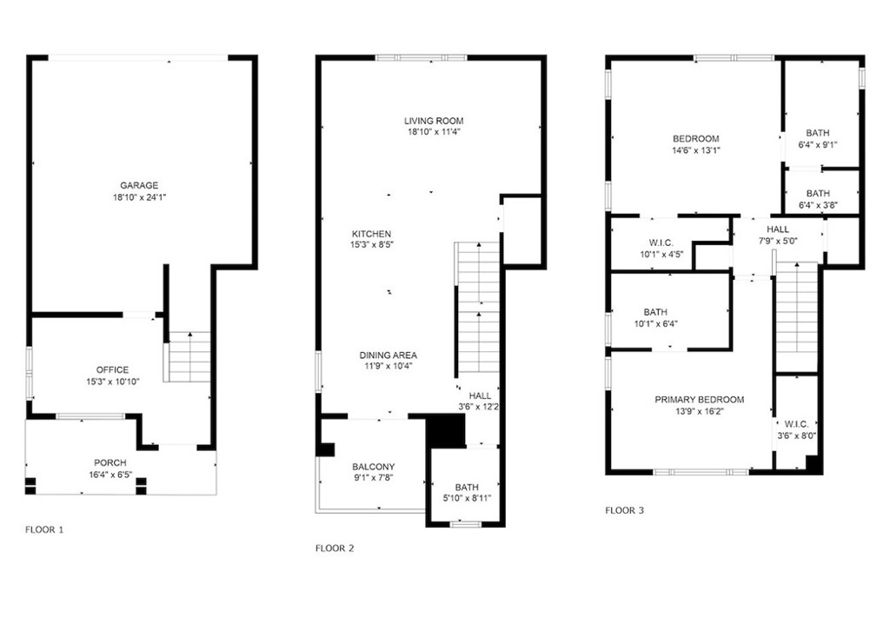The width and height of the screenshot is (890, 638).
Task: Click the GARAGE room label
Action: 139,186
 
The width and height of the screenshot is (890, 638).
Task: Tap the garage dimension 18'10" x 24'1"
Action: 139,197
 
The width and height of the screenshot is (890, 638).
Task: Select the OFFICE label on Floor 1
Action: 112,370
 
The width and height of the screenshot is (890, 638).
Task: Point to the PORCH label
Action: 110,462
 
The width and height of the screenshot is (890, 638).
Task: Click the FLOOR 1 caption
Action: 44,529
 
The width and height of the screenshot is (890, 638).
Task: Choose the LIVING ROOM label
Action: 434,121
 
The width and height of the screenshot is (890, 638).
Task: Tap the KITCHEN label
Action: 371,234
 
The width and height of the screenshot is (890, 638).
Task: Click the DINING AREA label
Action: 389,356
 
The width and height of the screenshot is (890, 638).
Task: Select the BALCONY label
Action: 374,467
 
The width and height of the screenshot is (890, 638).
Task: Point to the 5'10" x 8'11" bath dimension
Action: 467,498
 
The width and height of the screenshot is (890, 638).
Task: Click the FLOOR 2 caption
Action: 335,548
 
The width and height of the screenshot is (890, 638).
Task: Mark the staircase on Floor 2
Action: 479,309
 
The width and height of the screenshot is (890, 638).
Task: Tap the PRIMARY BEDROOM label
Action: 700,400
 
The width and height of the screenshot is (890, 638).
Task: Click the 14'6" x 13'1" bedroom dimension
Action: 696,150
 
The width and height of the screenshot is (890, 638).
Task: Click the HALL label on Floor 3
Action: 778,229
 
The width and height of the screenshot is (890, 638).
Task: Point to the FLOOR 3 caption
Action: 624,510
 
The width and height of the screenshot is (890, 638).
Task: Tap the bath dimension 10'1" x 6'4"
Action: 656,324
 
